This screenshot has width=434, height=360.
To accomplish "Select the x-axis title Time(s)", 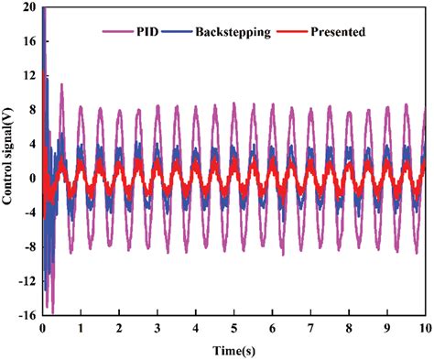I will coord(233,350).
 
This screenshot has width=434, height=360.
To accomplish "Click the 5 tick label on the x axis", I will coord(233,327).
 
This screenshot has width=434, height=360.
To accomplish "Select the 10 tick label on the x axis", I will coord(423,327).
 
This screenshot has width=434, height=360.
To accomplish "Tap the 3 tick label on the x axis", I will coord(157,327).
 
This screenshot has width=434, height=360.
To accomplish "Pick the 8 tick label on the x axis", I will coord(348,327).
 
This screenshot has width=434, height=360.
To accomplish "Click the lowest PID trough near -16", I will coord(52,311).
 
